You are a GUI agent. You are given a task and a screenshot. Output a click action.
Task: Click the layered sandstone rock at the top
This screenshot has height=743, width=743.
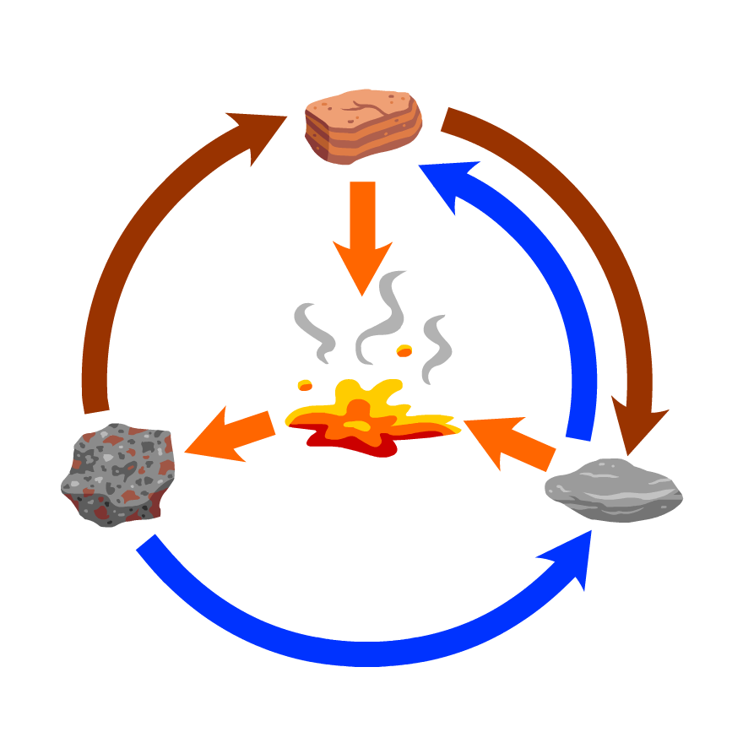click(x=363, y=127)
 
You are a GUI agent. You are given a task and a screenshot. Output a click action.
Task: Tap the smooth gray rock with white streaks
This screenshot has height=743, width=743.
click(x=613, y=491)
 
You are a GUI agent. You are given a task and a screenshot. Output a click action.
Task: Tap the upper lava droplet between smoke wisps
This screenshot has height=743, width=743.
click(x=404, y=350)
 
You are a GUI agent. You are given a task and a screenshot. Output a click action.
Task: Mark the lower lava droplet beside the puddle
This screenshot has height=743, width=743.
click(x=305, y=385)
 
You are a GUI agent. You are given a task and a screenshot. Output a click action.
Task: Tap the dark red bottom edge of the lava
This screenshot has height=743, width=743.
click(x=371, y=447)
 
